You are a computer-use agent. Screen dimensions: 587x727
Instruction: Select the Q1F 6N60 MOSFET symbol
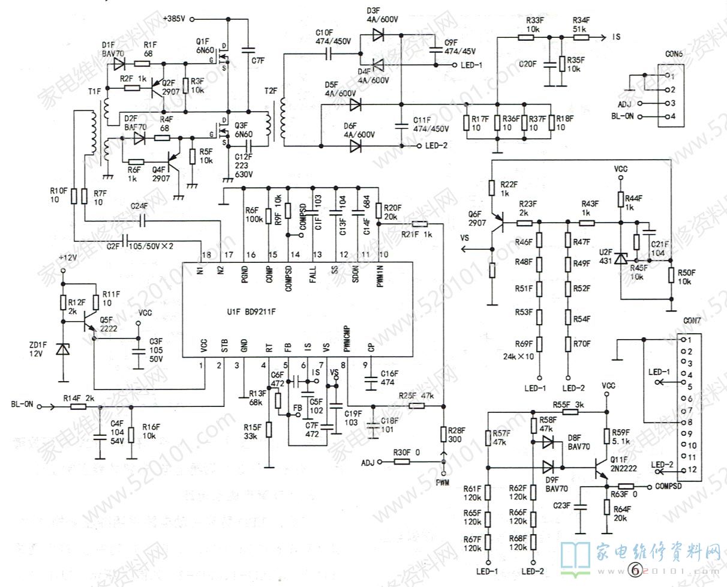point(225,59)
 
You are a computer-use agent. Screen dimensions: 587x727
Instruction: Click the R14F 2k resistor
point(79,406)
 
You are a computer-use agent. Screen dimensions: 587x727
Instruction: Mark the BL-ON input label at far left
point(22,404)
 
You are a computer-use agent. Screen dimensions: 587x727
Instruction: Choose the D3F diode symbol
point(378,35)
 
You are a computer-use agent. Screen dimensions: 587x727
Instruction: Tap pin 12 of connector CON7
point(682,469)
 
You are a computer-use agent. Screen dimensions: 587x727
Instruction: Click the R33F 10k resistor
point(526,37)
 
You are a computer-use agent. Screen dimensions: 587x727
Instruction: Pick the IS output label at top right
point(616,37)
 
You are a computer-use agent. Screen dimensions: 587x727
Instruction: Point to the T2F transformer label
point(271,91)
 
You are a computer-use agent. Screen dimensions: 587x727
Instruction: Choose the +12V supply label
point(68,257)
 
